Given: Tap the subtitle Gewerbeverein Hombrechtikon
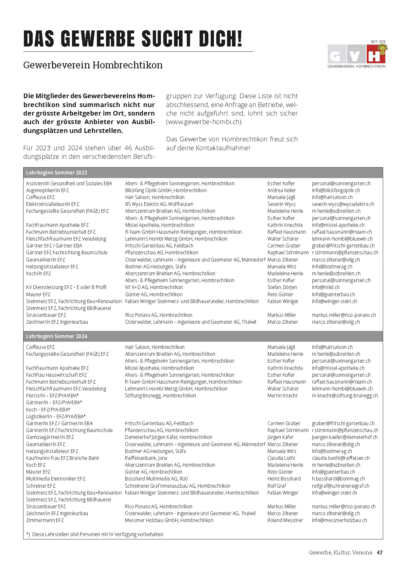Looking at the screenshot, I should coord(93,65).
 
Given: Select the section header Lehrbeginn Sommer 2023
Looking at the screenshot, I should coord(57,173).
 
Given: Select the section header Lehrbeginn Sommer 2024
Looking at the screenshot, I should coord(57,336).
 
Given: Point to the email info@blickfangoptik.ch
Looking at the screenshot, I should coord(336,190).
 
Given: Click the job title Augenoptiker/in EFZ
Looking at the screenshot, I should coord(47,190).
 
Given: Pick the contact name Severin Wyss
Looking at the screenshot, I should coord(281,204).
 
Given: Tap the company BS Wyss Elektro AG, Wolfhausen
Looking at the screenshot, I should coord(159,204).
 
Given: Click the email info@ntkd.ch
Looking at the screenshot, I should coord(326,287).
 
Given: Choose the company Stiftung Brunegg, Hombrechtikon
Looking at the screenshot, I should coord(160,396).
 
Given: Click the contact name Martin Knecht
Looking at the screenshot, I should coord(282,396).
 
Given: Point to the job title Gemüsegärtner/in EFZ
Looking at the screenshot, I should coord(50,437).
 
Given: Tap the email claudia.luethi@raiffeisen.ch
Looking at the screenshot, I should coord(341,458).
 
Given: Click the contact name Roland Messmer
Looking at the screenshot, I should coord(285,520).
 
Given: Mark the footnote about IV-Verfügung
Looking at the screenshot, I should coord(95,534).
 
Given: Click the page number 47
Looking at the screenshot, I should coord(380,552).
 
